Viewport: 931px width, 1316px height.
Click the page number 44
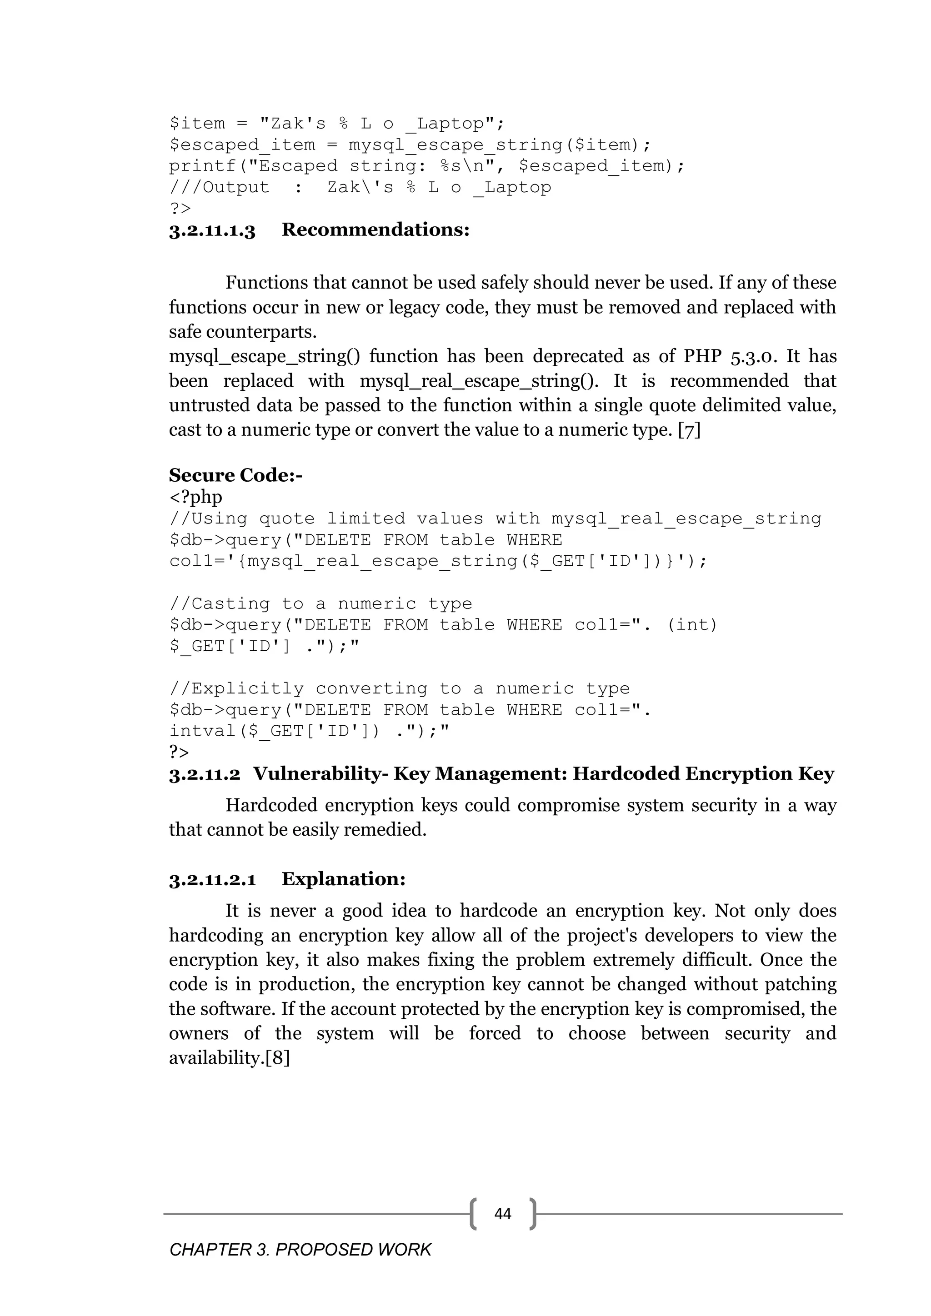point(502,1213)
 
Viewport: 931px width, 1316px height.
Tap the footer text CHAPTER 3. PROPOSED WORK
point(300,1250)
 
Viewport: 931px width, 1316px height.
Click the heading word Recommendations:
point(375,230)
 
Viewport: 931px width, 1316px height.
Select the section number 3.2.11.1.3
point(212,230)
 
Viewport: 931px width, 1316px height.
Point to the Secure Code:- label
point(235,475)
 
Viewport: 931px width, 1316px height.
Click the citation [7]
point(689,430)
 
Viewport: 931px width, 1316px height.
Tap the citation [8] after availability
point(277,1057)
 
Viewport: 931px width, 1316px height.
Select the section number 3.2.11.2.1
point(212,880)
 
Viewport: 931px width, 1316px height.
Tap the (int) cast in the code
point(692,625)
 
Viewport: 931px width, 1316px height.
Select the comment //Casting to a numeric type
point(320,603)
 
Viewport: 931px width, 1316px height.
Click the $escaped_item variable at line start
point(242,145)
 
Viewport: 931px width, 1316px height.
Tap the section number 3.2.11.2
point(205,774)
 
